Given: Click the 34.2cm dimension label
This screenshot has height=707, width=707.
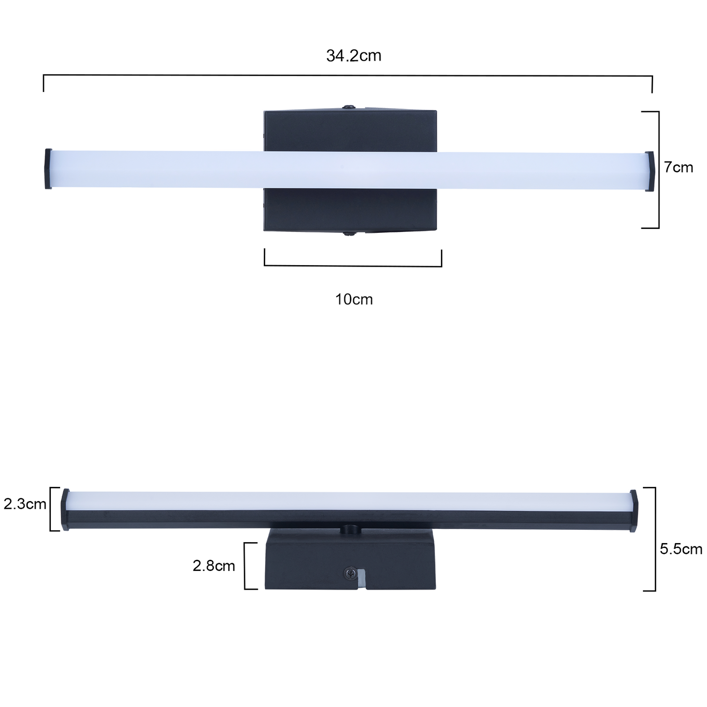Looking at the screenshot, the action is (354, 56).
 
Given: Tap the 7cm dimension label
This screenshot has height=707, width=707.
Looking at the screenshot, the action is (679, 167).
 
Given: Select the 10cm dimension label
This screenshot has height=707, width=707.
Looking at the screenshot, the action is (354, 299).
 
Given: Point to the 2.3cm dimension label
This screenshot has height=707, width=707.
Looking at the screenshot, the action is (24, 504).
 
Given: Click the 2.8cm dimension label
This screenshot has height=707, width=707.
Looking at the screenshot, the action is (213, 566).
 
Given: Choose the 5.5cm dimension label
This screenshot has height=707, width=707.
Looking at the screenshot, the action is (681, 549).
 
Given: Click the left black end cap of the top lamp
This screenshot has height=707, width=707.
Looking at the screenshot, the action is (48, 169).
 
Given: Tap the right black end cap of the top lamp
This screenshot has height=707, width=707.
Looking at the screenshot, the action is (649, 171).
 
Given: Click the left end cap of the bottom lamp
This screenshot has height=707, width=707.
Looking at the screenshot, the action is (66, 509).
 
